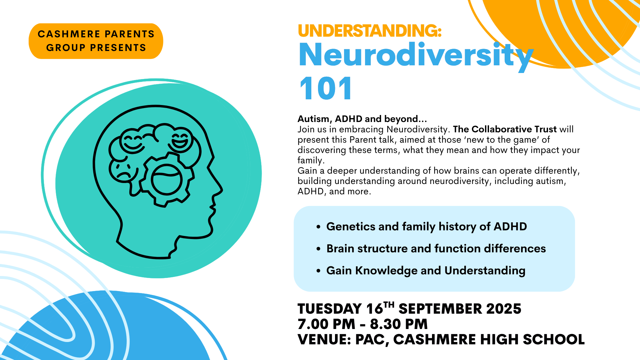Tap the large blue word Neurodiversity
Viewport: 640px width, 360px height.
(x=416, y=56)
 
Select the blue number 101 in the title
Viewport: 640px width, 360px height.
(x=325, y=88)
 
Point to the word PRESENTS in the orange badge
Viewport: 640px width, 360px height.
(x=118, y=48)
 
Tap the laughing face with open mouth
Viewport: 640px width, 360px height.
(x=180, y=140)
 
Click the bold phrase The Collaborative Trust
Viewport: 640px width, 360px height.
(x=505, y=129)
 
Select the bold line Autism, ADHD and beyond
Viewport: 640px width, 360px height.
(x=362, y=119)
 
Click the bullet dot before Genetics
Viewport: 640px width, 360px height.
(x=318, y=227)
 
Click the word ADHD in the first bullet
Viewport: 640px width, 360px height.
(x=510, y=227)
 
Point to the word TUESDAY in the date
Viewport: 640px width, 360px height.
(x=330, y=309)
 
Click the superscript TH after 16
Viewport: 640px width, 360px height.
(x=389, y=305)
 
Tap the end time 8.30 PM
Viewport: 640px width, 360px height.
(x=399, y=324)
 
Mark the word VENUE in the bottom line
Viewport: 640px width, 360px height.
(x=323, y=340)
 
